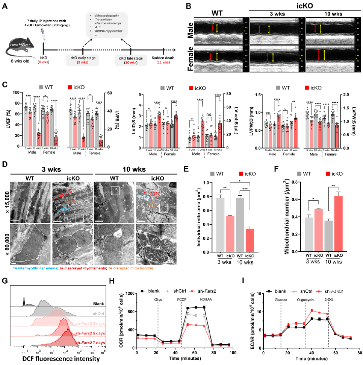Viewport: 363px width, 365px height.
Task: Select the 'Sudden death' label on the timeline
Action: pyautogui.click(x=164, y=58)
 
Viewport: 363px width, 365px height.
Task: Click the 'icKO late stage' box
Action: pyautogui.click(x=130, y=60)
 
